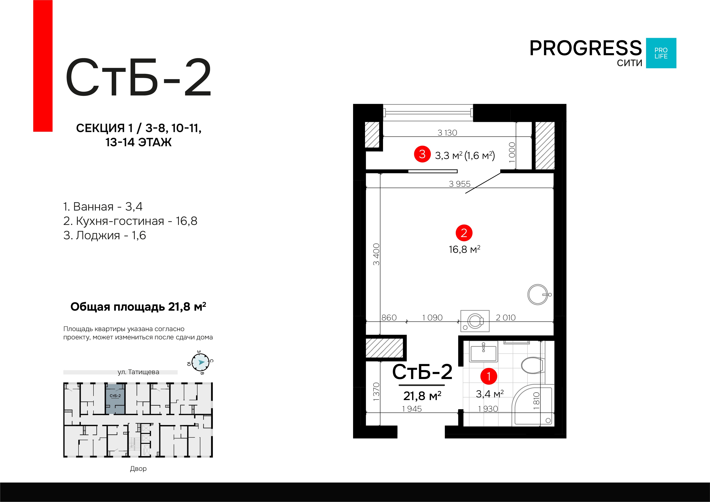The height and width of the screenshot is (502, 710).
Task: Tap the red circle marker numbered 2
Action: click(x=464, y=233)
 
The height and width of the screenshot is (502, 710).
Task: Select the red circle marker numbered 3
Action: click(x=422, y=154)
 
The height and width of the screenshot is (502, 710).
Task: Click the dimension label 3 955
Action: click(x=460, y=184)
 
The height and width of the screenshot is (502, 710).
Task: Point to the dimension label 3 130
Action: click(x=447, y=133)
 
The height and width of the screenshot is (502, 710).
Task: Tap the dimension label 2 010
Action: click(x=506, y=318)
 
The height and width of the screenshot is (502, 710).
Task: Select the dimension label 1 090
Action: click(x=432, y=318)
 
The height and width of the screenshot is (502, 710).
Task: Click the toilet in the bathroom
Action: click(x=533, y=365)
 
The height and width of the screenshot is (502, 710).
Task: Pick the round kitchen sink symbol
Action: click(x=538, y=294)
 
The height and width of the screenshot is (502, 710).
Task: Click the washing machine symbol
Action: click(x=475, y=321)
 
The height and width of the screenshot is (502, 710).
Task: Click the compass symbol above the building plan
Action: click(x=200, y=362)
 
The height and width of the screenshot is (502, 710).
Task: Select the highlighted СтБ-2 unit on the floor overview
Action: click(x=115, y=399)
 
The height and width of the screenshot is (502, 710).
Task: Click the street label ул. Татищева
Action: click(x=138, y=372)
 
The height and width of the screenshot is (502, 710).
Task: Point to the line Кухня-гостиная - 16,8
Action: click(x=130, y=221)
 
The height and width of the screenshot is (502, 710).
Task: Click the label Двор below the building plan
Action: click(x=138, y=469)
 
